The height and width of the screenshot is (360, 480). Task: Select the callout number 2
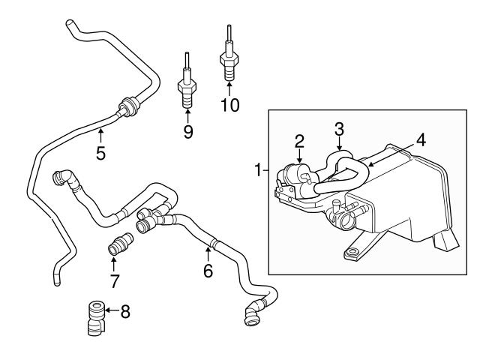click(299, 140)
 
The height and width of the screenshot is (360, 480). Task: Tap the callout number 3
click(339, 128)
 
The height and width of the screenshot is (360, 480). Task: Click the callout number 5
click(100, 154)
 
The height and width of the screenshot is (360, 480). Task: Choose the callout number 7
click(114, 280)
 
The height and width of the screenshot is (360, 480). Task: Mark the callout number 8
click(124, 310)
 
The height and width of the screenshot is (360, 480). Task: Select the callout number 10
click(230, 105)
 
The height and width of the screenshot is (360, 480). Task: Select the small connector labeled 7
click(119, 244)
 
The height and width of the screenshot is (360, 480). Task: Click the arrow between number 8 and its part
click(110, 309)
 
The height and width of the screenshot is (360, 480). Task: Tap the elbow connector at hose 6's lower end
click(253, 311)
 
